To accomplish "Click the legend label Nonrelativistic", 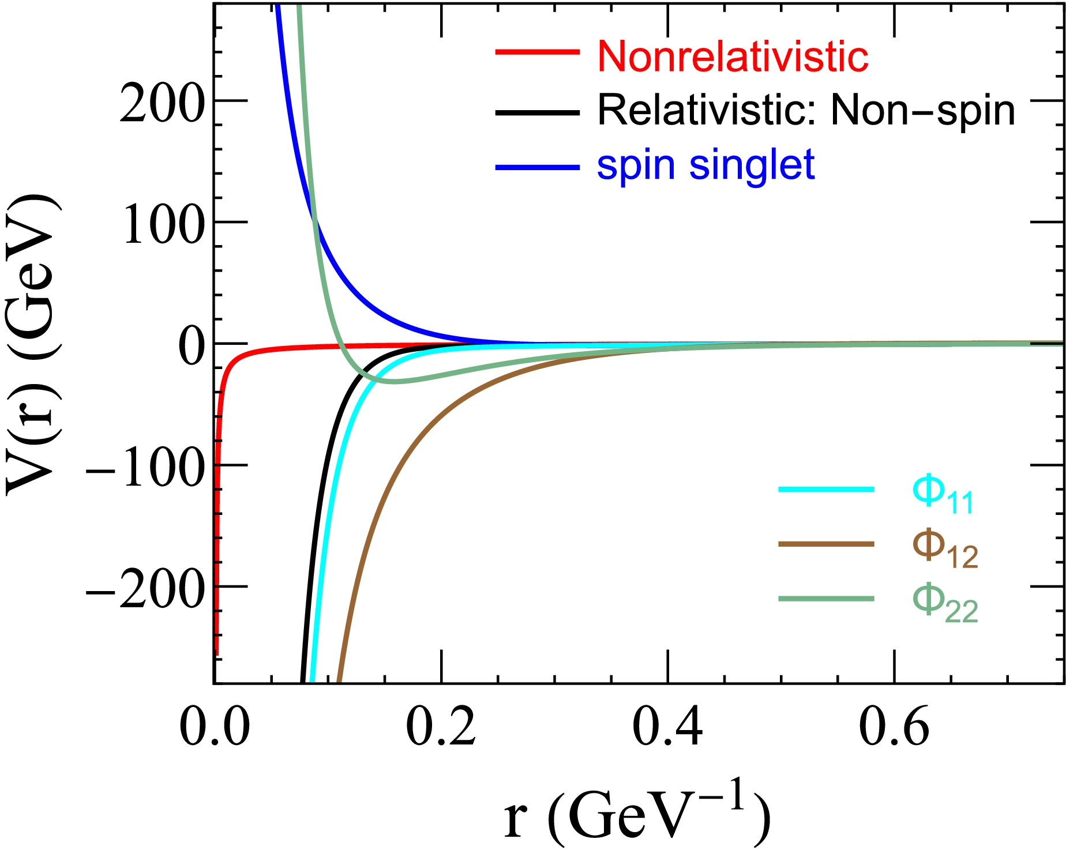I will pos(733,57).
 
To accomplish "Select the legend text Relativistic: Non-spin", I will pos(806,110).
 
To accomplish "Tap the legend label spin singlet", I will pos(705,166).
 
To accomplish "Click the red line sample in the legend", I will pos(538,52).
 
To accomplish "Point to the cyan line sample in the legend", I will pos(826,490).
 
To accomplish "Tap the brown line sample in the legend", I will pos(826,544).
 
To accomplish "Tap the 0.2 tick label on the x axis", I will pos(441,728).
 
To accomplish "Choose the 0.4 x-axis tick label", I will pos(668,728).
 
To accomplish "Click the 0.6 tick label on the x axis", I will pos(894,728).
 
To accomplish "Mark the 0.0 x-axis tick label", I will pos(215,728).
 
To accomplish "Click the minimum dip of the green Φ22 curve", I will pos(394,382).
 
